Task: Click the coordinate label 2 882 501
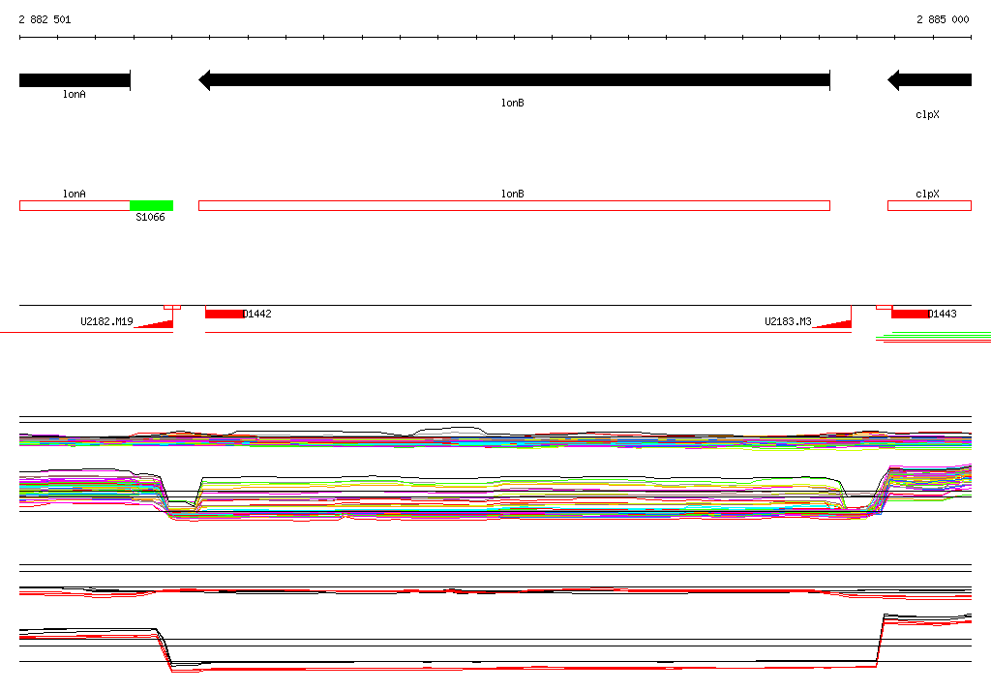coord(45,19)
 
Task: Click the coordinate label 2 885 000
coord(943,19)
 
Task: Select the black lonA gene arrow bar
coord(75,80)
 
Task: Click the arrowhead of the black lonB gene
coord(204,80)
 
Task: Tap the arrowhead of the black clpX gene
coord(893,80)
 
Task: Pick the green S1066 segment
coord(151,205)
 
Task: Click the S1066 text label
coord(150,217)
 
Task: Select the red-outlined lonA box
coord(75,205)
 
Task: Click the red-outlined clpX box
coord(929,205)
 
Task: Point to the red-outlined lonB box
coord(514,205)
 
